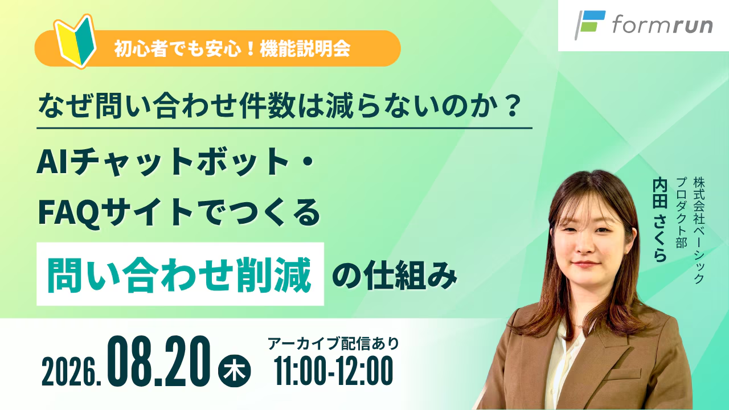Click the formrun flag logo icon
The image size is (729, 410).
point(589,24)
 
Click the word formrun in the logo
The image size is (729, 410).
point(662,26)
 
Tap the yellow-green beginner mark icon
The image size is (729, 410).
point(75,41)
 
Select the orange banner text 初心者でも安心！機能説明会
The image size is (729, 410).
point(232,50)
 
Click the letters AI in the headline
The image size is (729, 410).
point(52,161)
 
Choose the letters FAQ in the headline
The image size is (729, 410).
point(69,213)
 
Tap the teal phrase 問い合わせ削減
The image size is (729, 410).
point(179,274)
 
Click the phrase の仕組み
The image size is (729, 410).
point(395,274)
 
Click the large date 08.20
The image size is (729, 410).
point(159,361)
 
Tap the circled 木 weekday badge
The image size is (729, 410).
point(234,371)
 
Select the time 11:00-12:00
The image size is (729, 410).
point(334,371)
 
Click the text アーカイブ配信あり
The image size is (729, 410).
point(333,343)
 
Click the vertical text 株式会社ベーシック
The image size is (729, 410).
point(699,230)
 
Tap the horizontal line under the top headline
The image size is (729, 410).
point(284,128)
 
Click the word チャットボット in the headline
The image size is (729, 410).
point(178,162)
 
